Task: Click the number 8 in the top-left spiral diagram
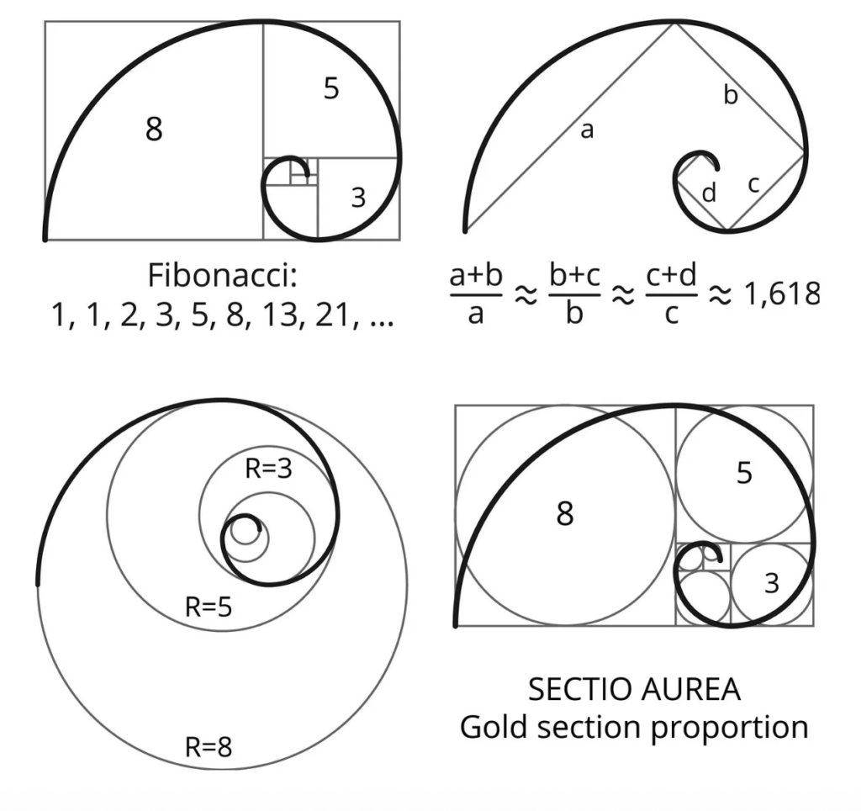pos(154,130)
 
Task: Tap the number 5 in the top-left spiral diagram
pos(331,88)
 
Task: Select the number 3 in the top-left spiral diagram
pos(358,198)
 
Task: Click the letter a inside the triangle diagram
pos(587,130)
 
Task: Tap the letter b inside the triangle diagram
pos(731,95)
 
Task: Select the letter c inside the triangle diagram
pos(754,184)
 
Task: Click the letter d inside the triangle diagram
pos(709,193)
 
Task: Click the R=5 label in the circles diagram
pos(209,607)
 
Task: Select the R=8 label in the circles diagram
pos(209,745)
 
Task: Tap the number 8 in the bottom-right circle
pos(565,513)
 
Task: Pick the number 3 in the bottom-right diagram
pos(772,582)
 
